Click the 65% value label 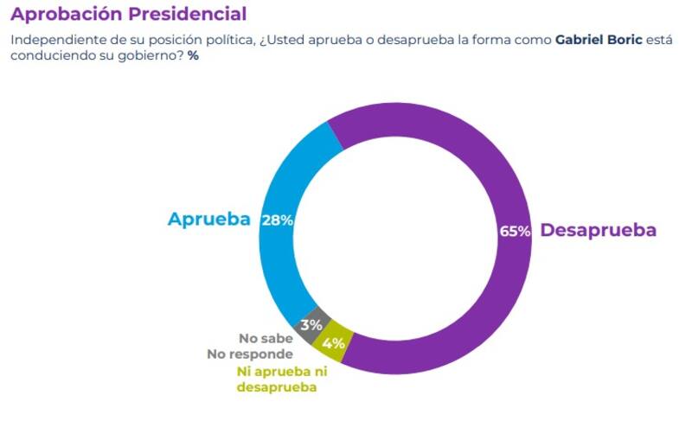[x=515, y=231]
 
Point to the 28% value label [x=278, y=220]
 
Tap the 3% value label [x=311, y=325]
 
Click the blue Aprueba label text [x=208, y=220]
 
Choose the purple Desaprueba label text [x=598, y=231]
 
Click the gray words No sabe [x=266, y=339]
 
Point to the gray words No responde [x=250, y=354]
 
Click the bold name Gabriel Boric [x=599, y=41]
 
